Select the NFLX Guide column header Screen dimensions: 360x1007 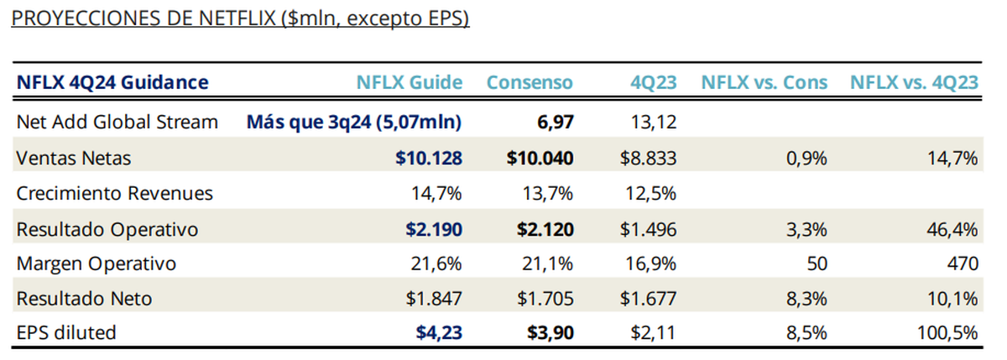[x=409, y=82]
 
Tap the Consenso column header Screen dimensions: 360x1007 [x=530, y=82]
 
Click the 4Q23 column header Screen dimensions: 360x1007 [x=654, y=82]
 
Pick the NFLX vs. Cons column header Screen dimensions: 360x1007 [x=764, y=82]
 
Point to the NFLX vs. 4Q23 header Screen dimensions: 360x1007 [x=914, y=82]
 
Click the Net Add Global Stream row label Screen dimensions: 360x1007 [x=117, y=122]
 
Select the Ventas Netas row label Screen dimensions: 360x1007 [x=74, y=157]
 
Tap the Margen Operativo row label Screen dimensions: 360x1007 [x=97, y=263]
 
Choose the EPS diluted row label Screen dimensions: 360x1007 [x=66, y=333]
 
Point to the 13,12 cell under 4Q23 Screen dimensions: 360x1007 [x=653, y=122]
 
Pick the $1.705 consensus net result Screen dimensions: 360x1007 [x=545, y=299]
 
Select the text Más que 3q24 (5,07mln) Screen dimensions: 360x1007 [x=354, y=122]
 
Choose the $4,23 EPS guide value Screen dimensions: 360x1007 [x=439, y=333]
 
